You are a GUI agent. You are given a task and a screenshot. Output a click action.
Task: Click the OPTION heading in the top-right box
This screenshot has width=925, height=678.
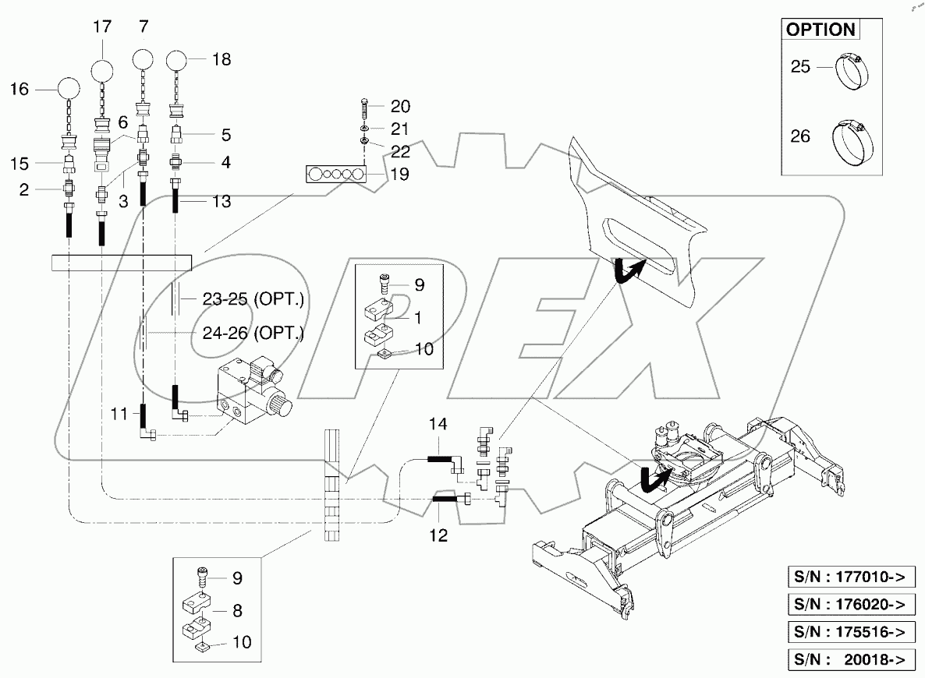pyautogui.click(x=820, y=30)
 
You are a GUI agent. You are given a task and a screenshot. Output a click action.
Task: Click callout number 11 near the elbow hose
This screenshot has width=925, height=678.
pyautogui.click(x=119, y=414)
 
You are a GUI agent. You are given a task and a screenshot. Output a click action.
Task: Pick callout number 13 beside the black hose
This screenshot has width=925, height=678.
pyautogui.click(x=222, y=202)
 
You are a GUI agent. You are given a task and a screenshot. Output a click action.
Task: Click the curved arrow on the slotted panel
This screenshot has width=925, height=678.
pyautogui.click(x=627, y=270)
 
